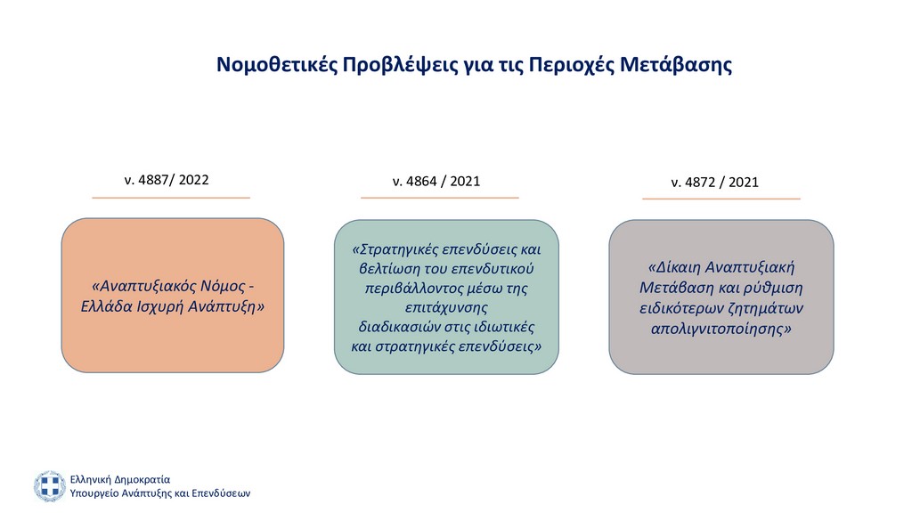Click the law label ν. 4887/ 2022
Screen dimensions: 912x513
click(167, 180)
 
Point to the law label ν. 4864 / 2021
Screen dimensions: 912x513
click(436, 181)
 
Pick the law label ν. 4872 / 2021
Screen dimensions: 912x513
click(715, 182)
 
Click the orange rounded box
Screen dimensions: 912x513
click(173, 296)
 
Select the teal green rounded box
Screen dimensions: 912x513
click(446, 297)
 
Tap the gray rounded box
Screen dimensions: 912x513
click(721, 297)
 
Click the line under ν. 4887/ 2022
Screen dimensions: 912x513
click(171, 198)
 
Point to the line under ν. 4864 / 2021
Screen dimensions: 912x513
click(440, 198)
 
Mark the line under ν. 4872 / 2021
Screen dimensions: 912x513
click(721, 199)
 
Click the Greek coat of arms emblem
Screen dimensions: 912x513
click(50, 485)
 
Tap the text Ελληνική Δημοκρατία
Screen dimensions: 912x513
click(120, 479)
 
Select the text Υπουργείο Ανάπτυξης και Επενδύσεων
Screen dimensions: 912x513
click(160, 493)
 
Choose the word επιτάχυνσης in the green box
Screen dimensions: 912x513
click(446, 307)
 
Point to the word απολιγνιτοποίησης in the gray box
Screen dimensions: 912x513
click(721, 330)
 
